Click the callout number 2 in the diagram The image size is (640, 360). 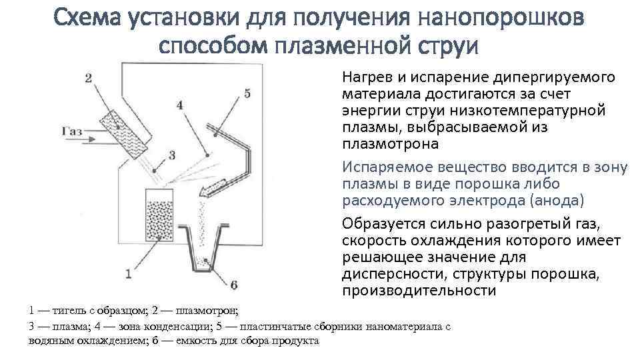tap(89, 78)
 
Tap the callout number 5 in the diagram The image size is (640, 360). tap(247, 94)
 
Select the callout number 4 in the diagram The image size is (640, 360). tap(179, 104)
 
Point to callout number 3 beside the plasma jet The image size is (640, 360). tap(171, 155)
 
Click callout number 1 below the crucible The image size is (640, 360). tap(128, 272)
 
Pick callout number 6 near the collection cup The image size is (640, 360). tap(233, 285)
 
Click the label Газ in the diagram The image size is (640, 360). tap(72, 131)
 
